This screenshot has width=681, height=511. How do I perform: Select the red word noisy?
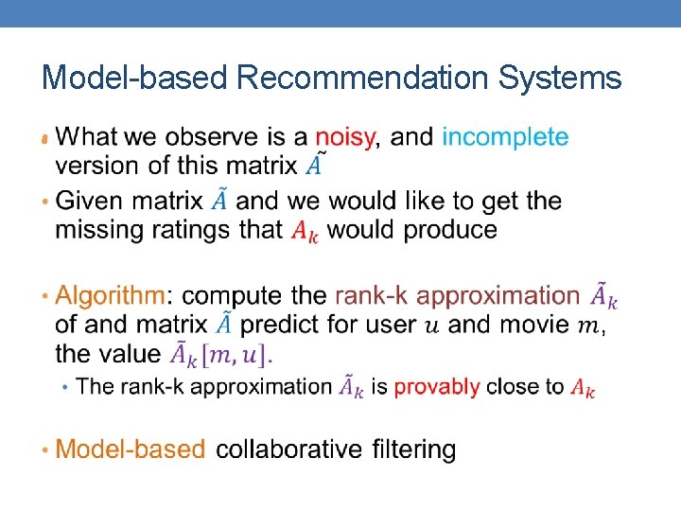(x=346, y=137)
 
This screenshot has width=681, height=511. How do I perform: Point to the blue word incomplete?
(x=505, y=138)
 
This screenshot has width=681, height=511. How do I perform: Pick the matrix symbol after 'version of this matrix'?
(x=315, y=166)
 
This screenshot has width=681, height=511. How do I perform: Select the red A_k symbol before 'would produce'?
(x=305, y=231)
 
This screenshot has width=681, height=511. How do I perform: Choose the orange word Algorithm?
(x=110, y=295)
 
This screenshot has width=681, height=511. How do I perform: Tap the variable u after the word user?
(x=432, y=326)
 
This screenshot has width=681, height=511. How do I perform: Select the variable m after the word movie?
(x=588, y=326)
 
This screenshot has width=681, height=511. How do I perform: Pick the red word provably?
(x=437, y=386)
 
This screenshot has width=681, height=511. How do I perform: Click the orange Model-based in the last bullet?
(x=131, y=449)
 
